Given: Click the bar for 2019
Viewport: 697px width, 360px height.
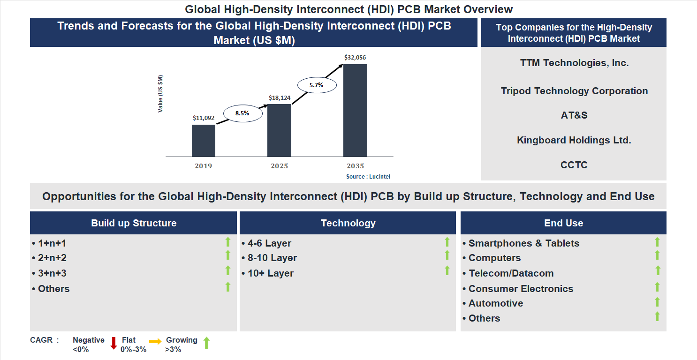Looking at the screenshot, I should pyautogui.click(x=204, y=141).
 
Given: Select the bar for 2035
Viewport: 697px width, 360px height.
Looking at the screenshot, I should pyautogui.click(x=355, y=110).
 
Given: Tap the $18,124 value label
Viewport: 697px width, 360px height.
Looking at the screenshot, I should pyautogui.click(x=280, y=97).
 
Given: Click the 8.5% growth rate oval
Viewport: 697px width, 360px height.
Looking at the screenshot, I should pyautogui.click(x=242, y=113).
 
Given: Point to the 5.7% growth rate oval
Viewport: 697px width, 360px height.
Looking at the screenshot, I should pyautogui.click(x=317, y=85).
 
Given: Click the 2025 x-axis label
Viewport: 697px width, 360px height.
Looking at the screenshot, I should pyautogui.click(x=280, y=166).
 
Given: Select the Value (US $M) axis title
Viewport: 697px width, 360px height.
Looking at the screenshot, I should pyautogui.click(x=160, y=94).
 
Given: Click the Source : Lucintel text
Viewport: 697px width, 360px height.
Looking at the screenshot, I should pyautogui.click(x=368, y=177).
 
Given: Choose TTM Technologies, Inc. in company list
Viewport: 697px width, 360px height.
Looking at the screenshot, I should pyautogui.click(x=574, y=63).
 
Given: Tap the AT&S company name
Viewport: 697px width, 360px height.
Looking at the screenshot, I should pyautogui.click(x=574, y=115).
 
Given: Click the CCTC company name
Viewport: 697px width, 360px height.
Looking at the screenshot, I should pyautogui.click(x=574, y=165).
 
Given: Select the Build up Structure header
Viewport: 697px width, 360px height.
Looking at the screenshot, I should pyautogui.click(x=134, y=223).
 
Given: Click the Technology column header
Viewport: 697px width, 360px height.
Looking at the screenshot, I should pyautogui.click(x=348, y=223).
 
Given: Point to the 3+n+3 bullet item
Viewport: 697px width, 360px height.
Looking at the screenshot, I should pyautogui.click(x=52, y=273).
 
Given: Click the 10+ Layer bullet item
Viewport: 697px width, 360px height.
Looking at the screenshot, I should pyautogui.click(x=270, y=273).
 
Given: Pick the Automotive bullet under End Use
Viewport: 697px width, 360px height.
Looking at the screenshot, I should pyautogui.click(x=495, y=303).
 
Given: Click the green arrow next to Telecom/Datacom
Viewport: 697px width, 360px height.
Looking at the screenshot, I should pyautogui.click(x=657, y=270).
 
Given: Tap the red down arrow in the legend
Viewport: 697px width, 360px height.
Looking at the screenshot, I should pyautogui.click(x=114, y=343).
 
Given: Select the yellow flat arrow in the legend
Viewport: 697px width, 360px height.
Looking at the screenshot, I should pyautogui.click(x=155, y=342).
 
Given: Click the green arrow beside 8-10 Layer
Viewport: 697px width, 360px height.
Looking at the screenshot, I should pyautogui.click(x=447, y=255).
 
